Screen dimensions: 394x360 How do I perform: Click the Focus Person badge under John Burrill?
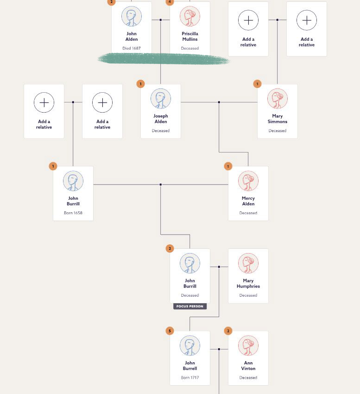(189, 306)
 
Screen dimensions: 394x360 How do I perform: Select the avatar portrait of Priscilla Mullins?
(190, 16)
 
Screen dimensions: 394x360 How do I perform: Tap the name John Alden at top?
(132, 36)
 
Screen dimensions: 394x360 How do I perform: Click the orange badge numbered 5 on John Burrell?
(170, 331)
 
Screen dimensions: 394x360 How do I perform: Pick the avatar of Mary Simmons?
(278, 99)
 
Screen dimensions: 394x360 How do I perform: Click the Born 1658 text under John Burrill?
(73, 213)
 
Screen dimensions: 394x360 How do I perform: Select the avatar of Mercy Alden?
(248, 181)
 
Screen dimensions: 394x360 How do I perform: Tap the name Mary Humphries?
(248, 283)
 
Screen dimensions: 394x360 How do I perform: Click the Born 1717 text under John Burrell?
(190, 378)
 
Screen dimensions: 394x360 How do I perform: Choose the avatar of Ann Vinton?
(248, 346)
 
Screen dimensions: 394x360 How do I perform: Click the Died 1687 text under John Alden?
(132, 48)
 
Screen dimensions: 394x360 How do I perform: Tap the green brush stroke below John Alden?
(163, 59)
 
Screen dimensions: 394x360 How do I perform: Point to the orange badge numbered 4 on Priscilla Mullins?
(170, 2)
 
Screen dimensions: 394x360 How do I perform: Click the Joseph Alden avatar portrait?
(161, 99)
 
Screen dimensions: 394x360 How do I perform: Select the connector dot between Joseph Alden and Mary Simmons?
(219, 102)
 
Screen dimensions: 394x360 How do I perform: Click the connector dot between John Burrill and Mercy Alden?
(161, 184)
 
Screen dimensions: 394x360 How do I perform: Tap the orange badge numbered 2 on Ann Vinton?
(228, 331)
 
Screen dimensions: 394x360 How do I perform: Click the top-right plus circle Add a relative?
(307, 20)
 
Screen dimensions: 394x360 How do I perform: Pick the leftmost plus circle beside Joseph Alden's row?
(44, 102)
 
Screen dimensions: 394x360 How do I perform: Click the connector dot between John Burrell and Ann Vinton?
(219, 349)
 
